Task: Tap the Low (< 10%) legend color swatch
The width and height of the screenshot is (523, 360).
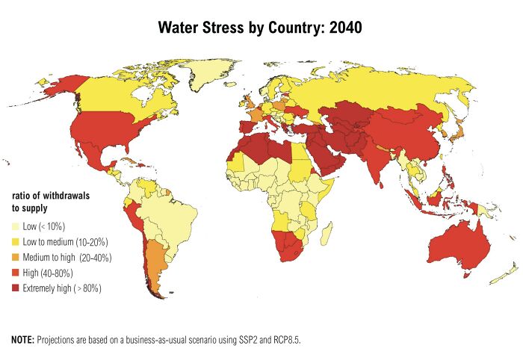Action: pyautogui.click(x=16, y=227)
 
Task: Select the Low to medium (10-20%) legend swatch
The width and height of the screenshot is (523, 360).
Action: pyautogui.click(x=16, y=242)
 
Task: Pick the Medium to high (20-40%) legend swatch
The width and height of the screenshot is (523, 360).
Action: pyautogui.click(x=16, y=258)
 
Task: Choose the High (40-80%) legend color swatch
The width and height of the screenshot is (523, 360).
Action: pyautogui.click(x=16, y=273)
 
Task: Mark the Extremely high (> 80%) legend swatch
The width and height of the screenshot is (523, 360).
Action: pyautogui.click(x=16, y=288)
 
